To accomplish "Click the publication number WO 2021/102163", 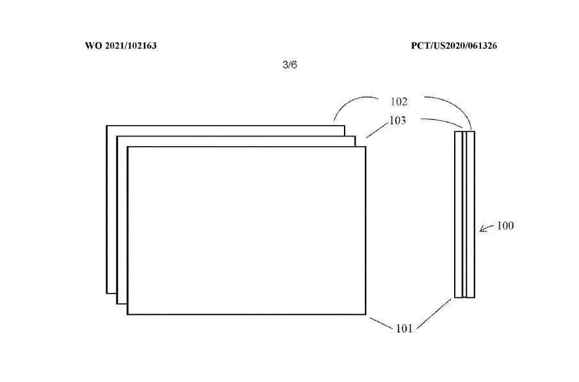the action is pyautogui.click(x=120, y=46).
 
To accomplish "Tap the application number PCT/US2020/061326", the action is pyautogui.click(x=454, y=46).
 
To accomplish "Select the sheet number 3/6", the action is pyautogui.click(x=289, y=65).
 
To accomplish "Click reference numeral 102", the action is pyautogui.click(x=398, y=101).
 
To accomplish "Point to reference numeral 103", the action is pyautogui.click(x=397, y=120).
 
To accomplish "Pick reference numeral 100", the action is pyautogui.click(x=505, y=226).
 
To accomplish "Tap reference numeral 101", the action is pyautogui.click(x=404, y=328).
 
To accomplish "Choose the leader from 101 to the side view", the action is pyautogui.click(x=436, y=313).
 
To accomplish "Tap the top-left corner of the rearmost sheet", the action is pyautogui.click(x=107, y=126).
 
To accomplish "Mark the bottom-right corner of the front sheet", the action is pyautogui.click(x=365, y=314).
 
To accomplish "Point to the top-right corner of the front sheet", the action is pyautogui.click(x=365, y=147).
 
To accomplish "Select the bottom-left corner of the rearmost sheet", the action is pyautogui.click(x=107, y=293).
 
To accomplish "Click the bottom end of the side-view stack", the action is pyautogui.click(x=465, y=297).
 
